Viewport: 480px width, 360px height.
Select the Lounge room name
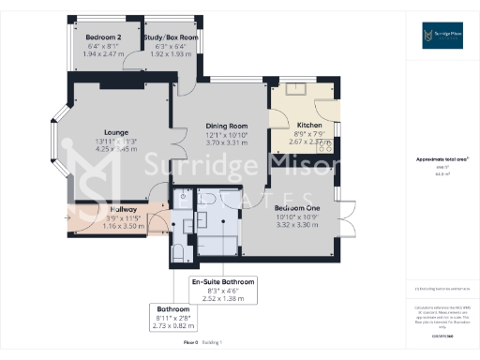tap(116, 132)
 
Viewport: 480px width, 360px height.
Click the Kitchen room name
tap(309, 125)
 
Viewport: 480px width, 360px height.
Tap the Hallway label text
tap(123, 209)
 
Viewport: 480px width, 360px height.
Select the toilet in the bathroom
tap(177, 251)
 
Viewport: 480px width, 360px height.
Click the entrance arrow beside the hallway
tap(67, 218)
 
